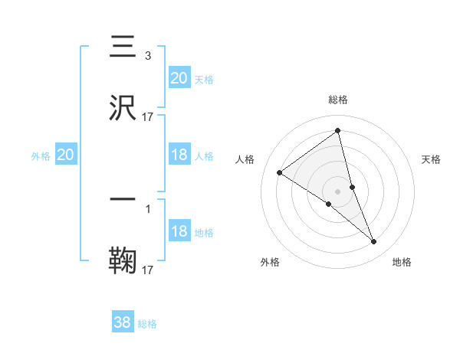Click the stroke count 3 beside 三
147,55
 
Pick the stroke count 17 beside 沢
148,117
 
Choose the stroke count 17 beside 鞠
148,270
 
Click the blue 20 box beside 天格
179,77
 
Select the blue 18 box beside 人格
179,155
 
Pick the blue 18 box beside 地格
179,231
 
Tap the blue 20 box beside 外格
66,155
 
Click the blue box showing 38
123,322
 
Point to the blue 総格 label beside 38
148,324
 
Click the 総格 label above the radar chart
338,100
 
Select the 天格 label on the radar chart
432,159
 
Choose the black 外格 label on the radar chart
270,262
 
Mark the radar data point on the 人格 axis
280,172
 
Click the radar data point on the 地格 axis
374,242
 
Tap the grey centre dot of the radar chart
338,190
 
